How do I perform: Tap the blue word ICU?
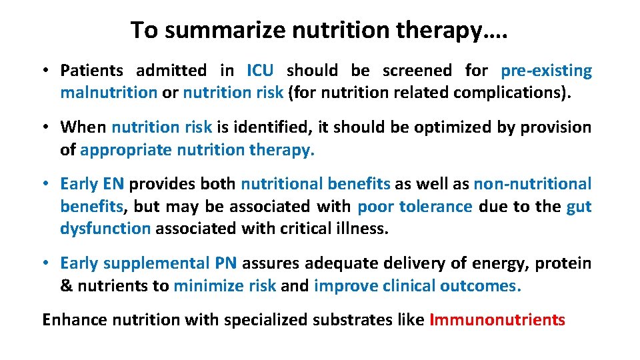tap(259, 71)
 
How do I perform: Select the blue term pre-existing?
tap(546, 71)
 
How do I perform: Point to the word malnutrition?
tap(109, 93)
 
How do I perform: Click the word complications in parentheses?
tap(513, 93)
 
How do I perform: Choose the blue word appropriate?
tap(126, 150)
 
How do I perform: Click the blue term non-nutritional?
tap(532, 184)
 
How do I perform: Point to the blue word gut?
tap(579, 207)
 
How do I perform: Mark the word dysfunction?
tap(105, 229)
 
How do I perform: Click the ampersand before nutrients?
tap(66, 286)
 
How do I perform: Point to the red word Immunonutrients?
tap(497, 320)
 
